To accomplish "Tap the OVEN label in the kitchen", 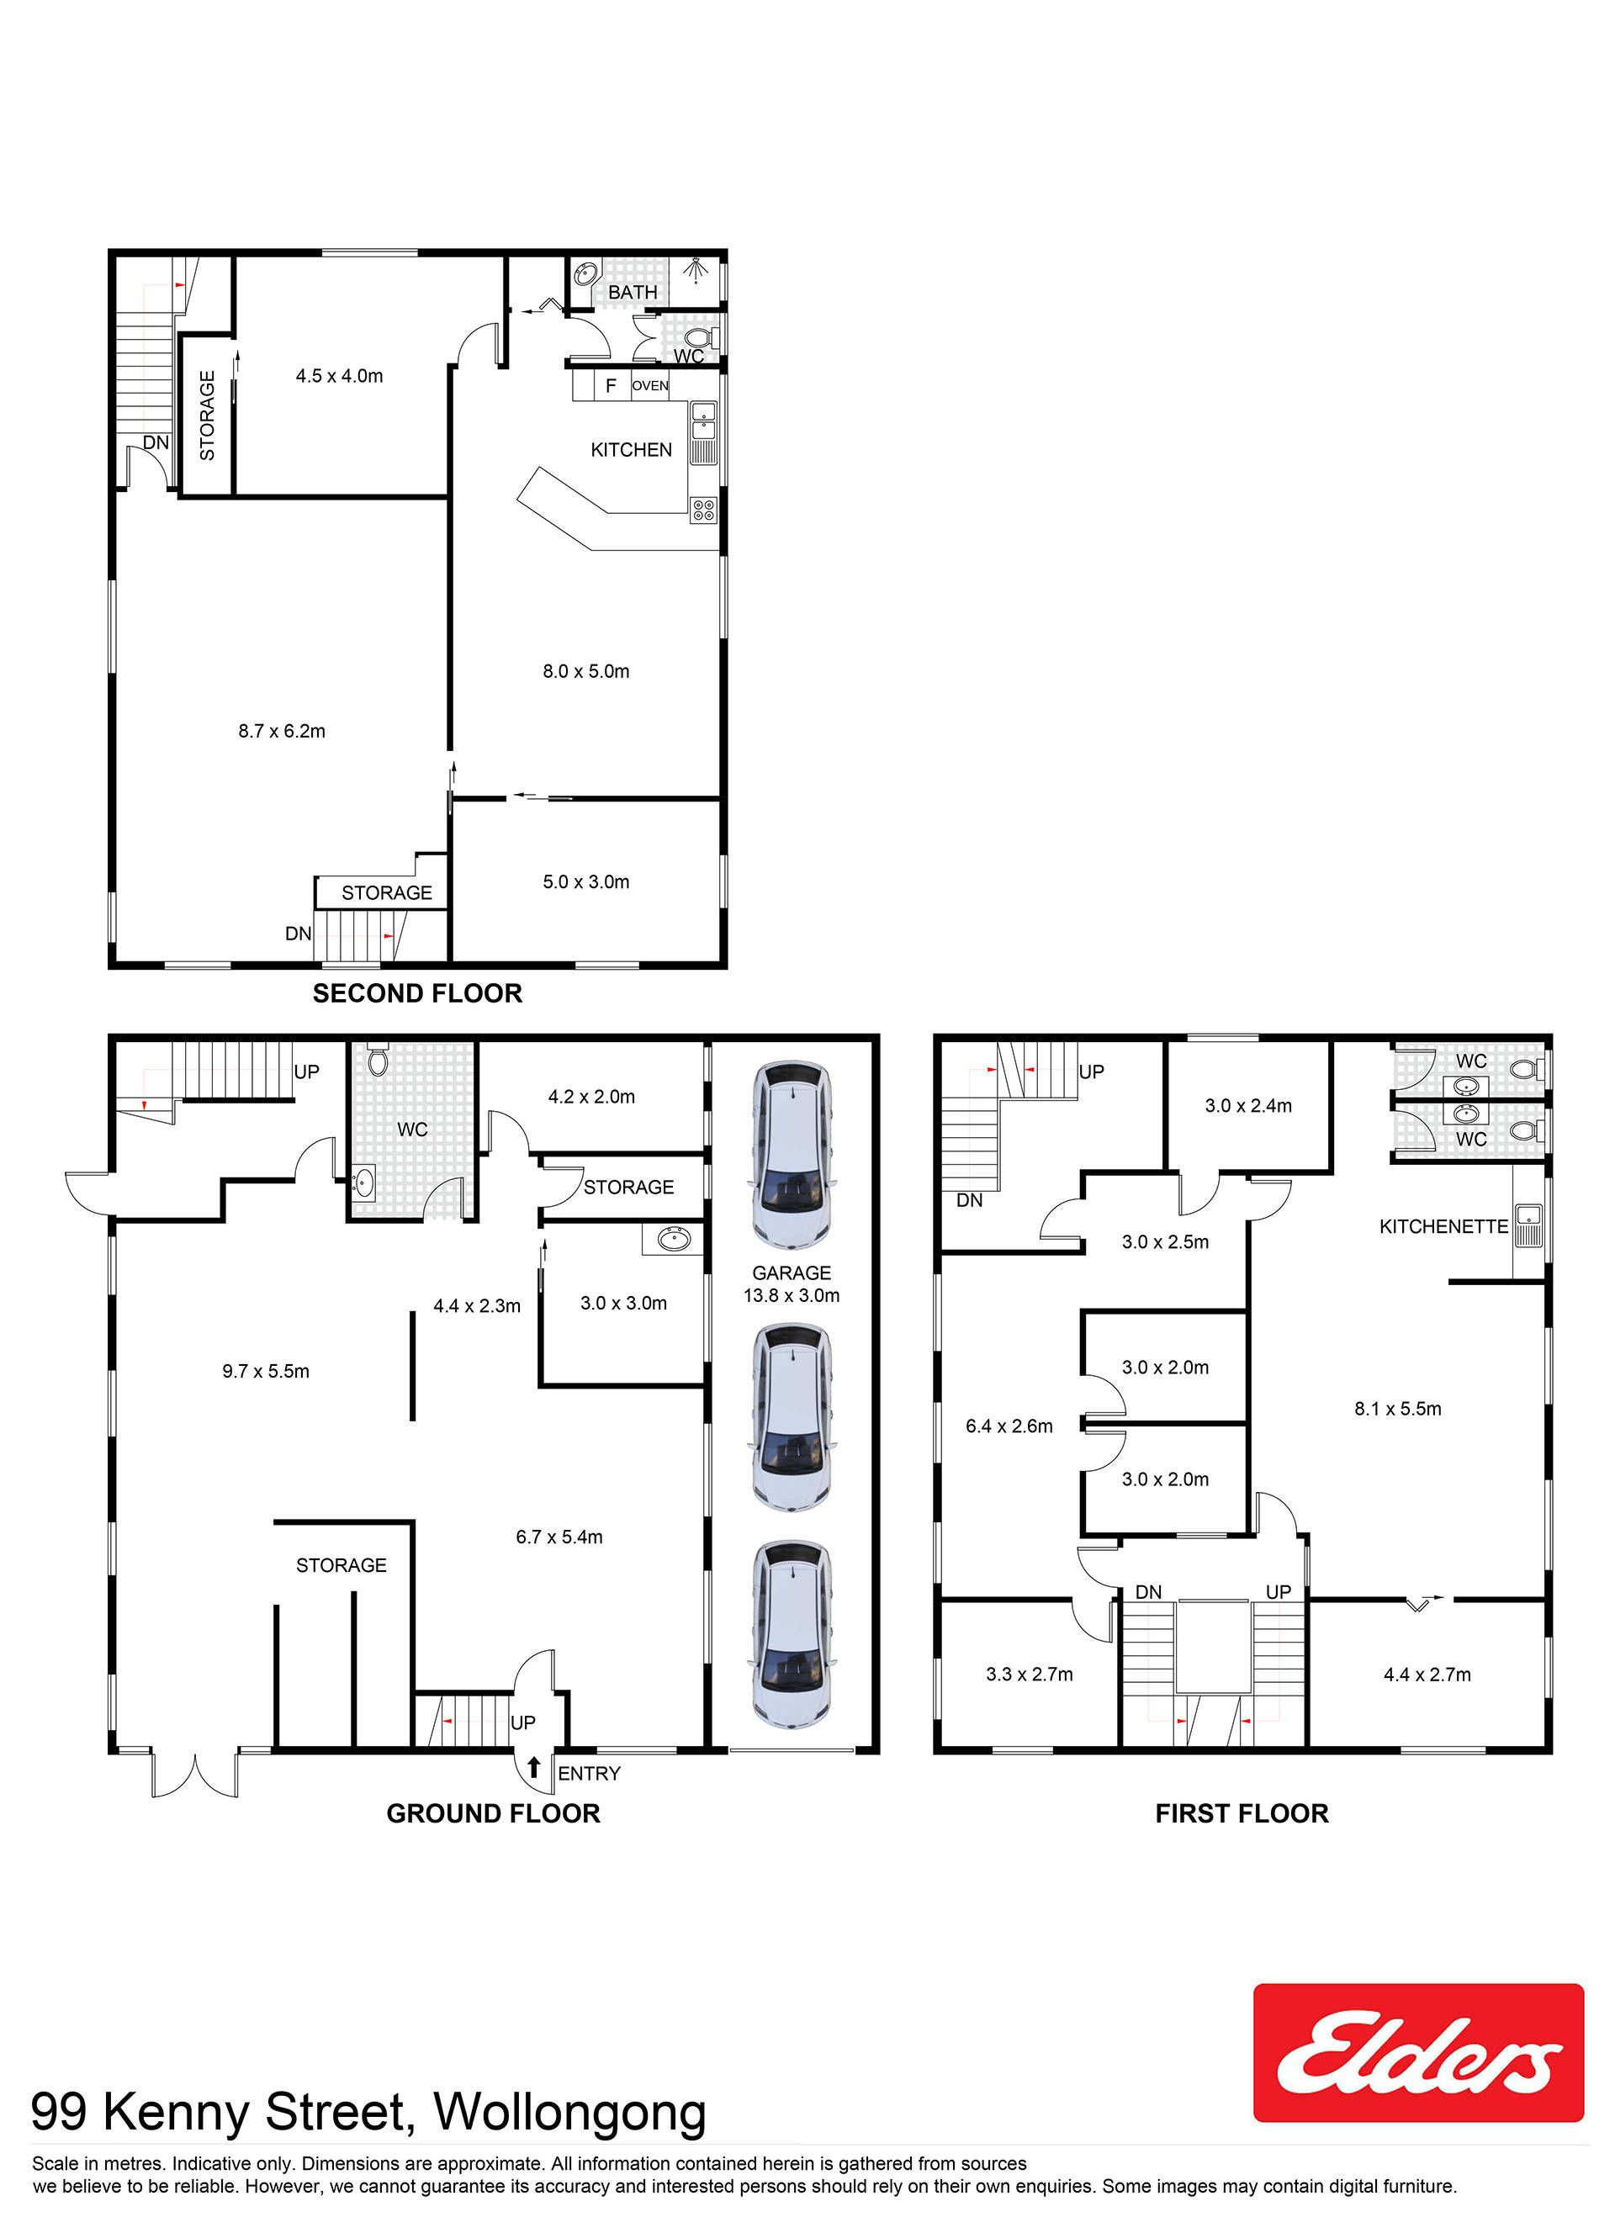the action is coord(650,386).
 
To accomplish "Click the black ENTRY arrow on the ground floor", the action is coord(534,1767).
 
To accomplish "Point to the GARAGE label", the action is coord(792,1273).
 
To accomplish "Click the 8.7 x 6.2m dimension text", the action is coord(282,731).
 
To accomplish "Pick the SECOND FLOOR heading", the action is coord(417,993).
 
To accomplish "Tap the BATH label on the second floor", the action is coord(633,293).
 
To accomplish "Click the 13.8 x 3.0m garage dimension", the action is coord(792,1296).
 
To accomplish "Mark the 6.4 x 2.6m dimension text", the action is coord(1009,1426).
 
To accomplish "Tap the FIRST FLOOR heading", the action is coord(1242,1813).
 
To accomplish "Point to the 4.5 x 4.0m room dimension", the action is coord(339,376).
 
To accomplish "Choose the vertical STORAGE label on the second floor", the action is coord(207,415).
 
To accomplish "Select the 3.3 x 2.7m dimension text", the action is coord(1030,1675).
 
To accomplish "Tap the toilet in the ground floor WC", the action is coord(379,1061).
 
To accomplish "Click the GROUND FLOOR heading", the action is coord(493,1813).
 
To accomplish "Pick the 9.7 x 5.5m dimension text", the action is coord(266,1372).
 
